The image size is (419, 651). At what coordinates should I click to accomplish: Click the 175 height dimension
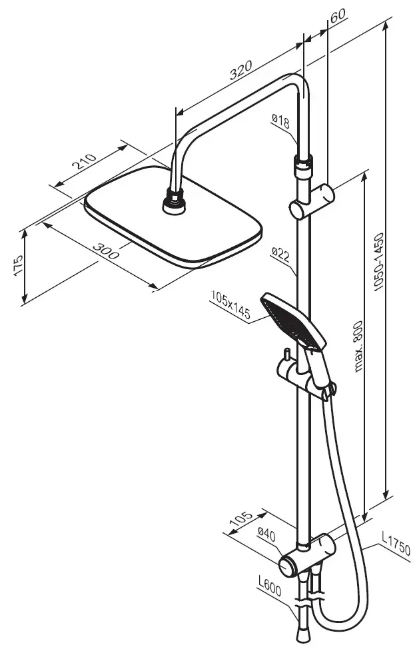19,266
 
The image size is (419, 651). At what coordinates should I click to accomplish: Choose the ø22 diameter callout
279,253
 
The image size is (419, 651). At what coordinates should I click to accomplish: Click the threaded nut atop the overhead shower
175,201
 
